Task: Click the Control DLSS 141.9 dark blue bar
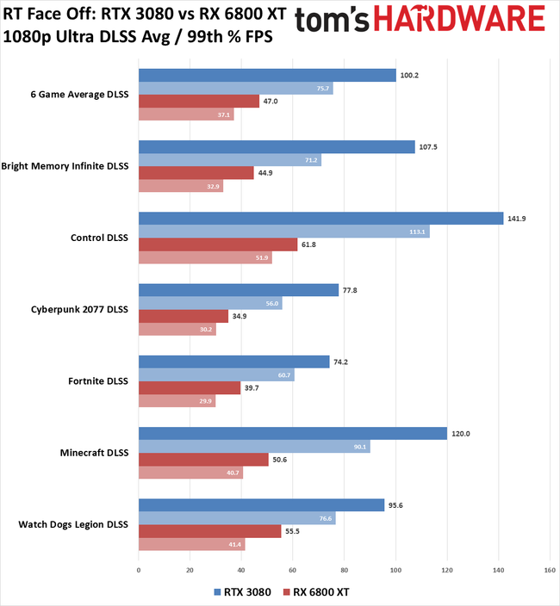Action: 320,219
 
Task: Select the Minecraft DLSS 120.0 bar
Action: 293,434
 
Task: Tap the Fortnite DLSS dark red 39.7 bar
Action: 190,388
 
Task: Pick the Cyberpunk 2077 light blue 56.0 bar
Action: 210,303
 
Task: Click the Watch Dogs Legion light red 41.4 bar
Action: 191,545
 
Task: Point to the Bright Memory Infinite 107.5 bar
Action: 277,146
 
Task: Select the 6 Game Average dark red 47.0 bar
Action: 199,101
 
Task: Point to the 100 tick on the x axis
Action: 395,570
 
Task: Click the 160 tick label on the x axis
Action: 550,570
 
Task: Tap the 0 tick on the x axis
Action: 139,570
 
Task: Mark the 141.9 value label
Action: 517,219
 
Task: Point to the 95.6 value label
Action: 397,505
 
